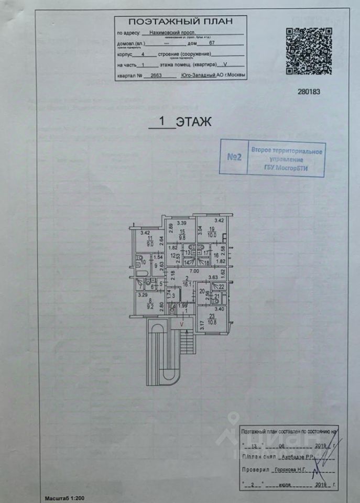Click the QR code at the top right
tap(309, 51)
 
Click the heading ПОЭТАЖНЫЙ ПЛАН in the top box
tap(180, 21)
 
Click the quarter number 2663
tap(156, 75)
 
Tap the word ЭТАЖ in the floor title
tap(193, 122)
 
